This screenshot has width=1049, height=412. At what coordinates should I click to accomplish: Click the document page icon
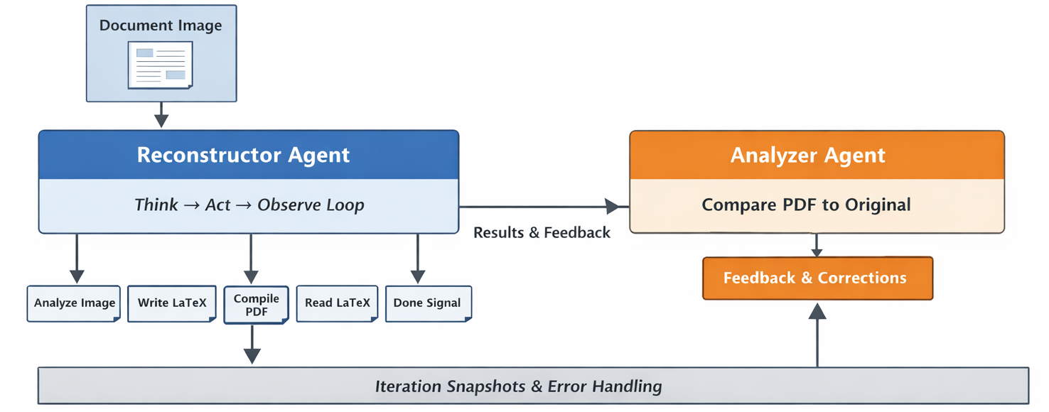click(160, 65)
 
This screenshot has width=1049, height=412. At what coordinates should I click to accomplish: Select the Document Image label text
click(161, 26)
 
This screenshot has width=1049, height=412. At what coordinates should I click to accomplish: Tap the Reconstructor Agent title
click(243, 155)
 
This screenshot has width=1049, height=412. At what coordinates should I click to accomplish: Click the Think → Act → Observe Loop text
click(249, 205)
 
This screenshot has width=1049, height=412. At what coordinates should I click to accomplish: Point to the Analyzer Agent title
click(808, 155)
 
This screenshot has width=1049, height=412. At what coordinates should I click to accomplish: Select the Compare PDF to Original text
click(806, 205)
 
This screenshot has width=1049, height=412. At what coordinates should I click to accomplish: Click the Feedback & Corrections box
click(817, 278)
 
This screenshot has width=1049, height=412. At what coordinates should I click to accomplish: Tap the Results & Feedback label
click(542, 232)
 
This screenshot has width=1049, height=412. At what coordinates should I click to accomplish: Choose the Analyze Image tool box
click(74, 303)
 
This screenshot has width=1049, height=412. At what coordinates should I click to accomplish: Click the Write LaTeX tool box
click(172, 303)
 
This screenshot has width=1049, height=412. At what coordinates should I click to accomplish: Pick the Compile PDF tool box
click(256, 305)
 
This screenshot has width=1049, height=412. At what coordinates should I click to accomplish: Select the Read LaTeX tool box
click(337, 303)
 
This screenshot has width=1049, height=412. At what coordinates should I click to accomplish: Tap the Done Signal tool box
click(427, 303)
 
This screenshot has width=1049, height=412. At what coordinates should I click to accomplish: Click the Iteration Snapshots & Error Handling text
click(518, 386)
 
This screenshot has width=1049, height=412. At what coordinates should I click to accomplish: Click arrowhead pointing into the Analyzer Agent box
click(613, 207)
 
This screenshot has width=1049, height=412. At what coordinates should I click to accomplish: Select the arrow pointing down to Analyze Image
click(77, 260)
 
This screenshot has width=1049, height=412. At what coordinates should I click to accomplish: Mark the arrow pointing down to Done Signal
click(418, 260)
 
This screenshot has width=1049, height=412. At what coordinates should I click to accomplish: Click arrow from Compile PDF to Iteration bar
click(252, 346)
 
